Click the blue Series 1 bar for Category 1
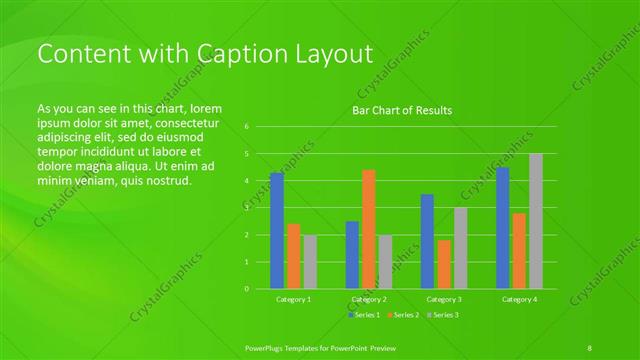(277, 231)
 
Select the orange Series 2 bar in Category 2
(369, 229)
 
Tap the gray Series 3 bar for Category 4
(536, 221)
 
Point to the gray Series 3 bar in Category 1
(310, 262)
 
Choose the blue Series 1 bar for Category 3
(427, 241)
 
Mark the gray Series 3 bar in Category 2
(386, 262)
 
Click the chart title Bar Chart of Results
(402, 110)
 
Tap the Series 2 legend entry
(403, 315)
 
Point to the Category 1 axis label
(293, 299)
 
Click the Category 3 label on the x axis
(444, 299)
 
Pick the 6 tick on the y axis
(246, 127)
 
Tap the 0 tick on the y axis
(246, 289)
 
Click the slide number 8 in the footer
(590, 347)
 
